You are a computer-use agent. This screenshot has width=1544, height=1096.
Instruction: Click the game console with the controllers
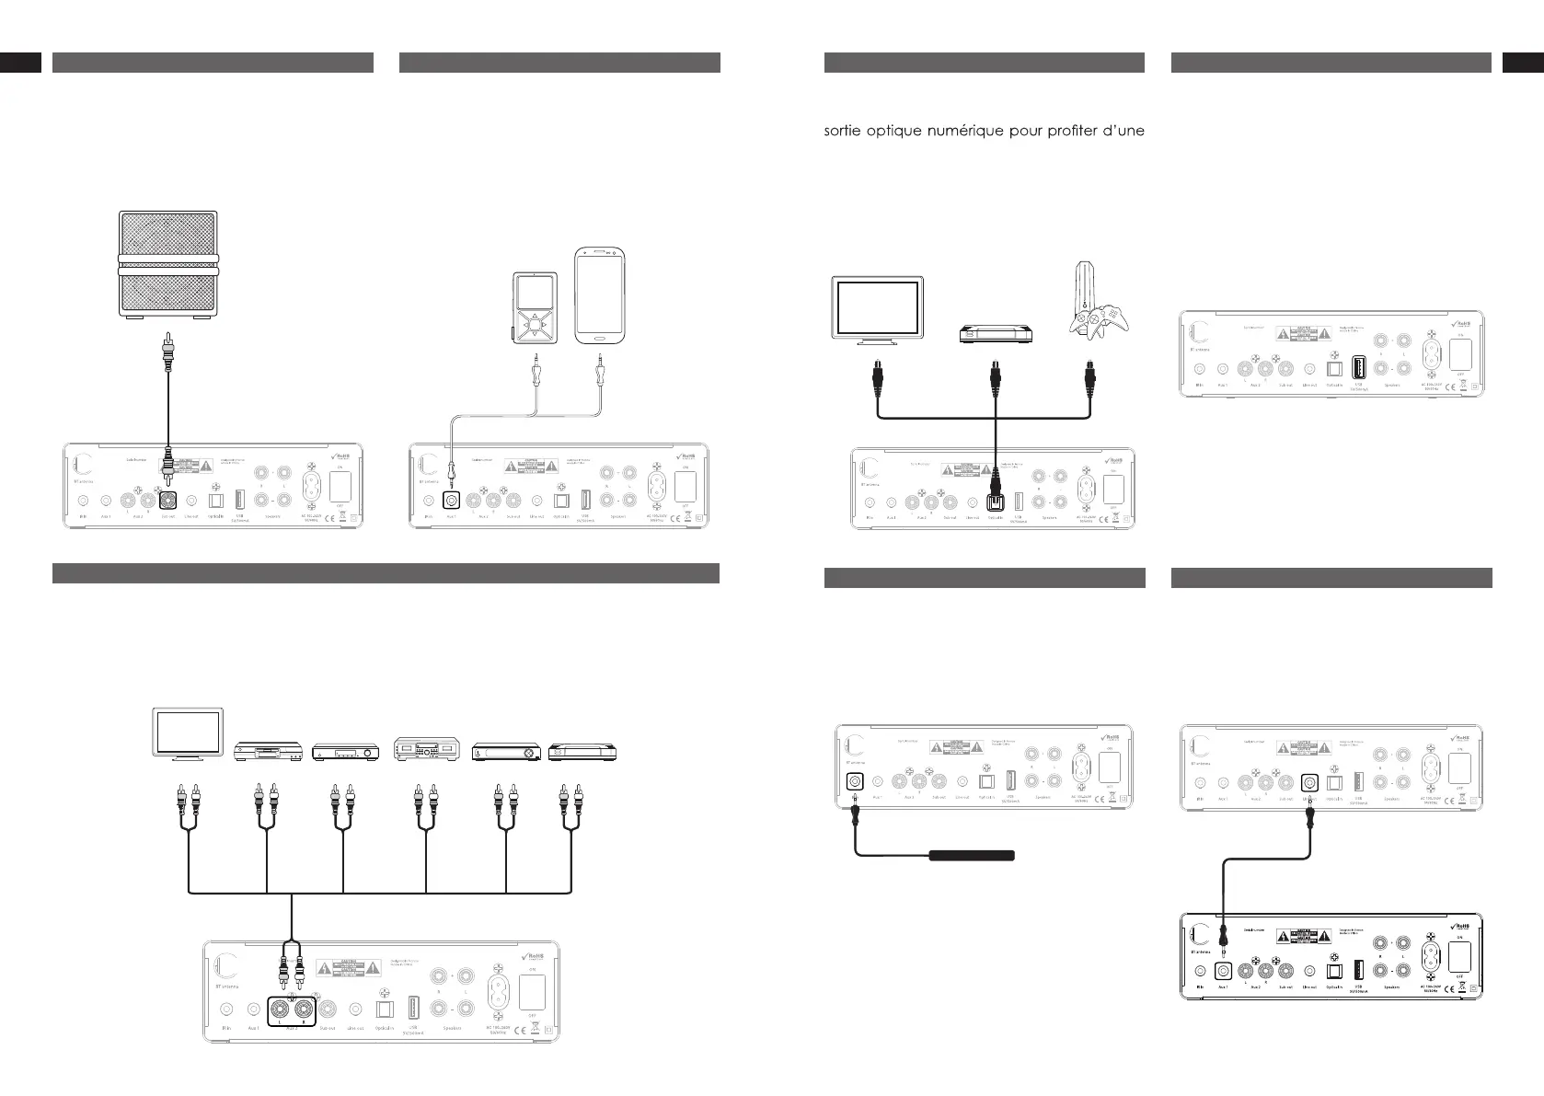click(x=1091, y=307)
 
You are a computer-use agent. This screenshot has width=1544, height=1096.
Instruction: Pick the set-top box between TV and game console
click(x=993, y=335)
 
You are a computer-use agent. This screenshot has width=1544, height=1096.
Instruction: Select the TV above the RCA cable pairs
click(x=187, y=734)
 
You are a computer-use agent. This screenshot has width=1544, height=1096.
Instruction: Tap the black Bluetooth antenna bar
click(x=972, y=855)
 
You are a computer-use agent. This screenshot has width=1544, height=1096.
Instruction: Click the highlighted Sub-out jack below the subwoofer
click(x=168, y=501)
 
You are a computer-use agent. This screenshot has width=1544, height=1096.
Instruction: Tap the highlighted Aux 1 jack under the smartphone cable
click(x=451, y=502)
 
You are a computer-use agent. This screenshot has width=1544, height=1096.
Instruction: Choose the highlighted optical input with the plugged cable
click(x=995, y=502)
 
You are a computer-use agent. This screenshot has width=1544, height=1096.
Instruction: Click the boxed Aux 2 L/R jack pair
click(x=291, y=1009)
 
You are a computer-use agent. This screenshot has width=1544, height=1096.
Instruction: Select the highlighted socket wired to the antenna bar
click(x=855, y=780)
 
